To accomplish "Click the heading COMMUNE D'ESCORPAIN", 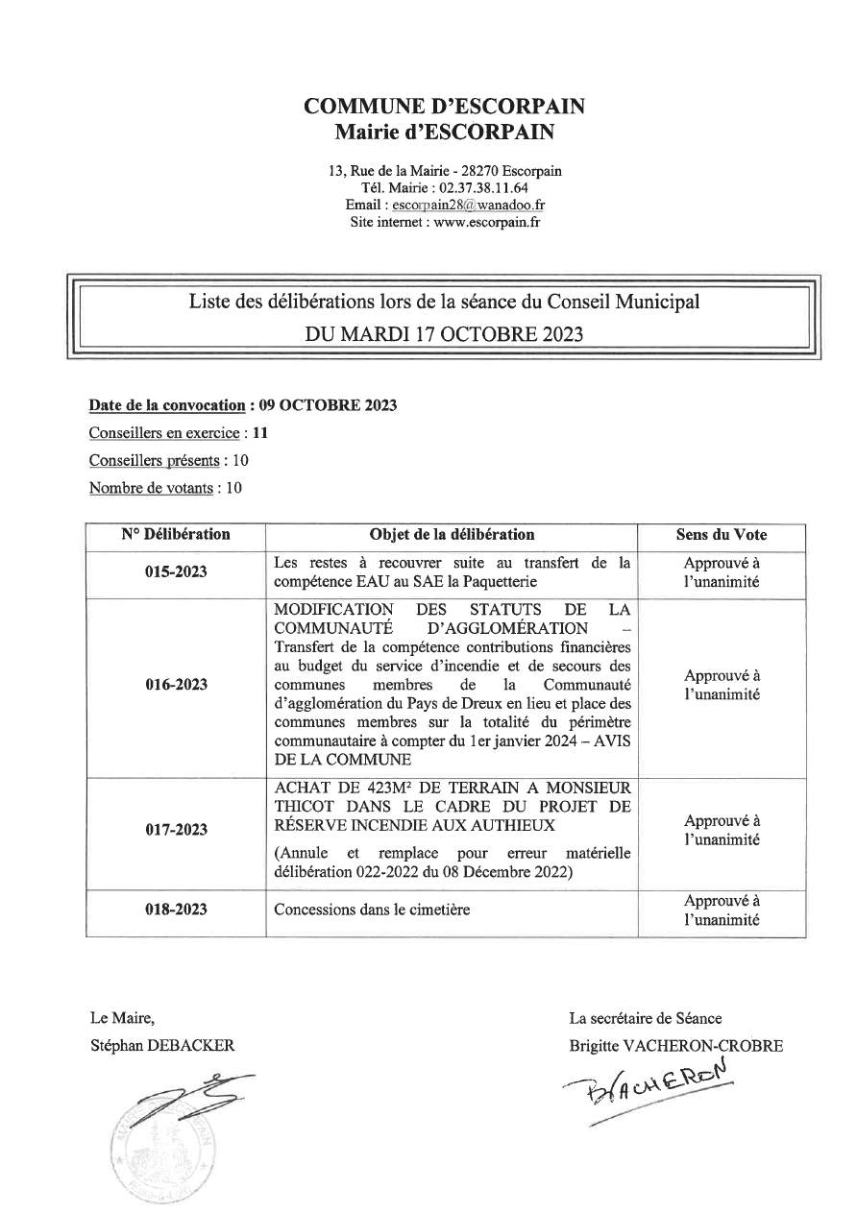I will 444,107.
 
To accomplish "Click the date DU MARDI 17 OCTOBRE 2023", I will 444,335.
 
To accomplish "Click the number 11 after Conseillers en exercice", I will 259,432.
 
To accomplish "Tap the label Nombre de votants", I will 151,487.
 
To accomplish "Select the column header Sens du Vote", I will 721,535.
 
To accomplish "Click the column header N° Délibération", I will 176,535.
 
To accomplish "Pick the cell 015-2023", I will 176,572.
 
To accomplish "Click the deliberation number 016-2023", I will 176,686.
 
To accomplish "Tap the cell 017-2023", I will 176,830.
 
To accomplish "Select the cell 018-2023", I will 176,909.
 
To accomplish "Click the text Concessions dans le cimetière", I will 372,909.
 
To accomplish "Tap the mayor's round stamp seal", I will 163,1143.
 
